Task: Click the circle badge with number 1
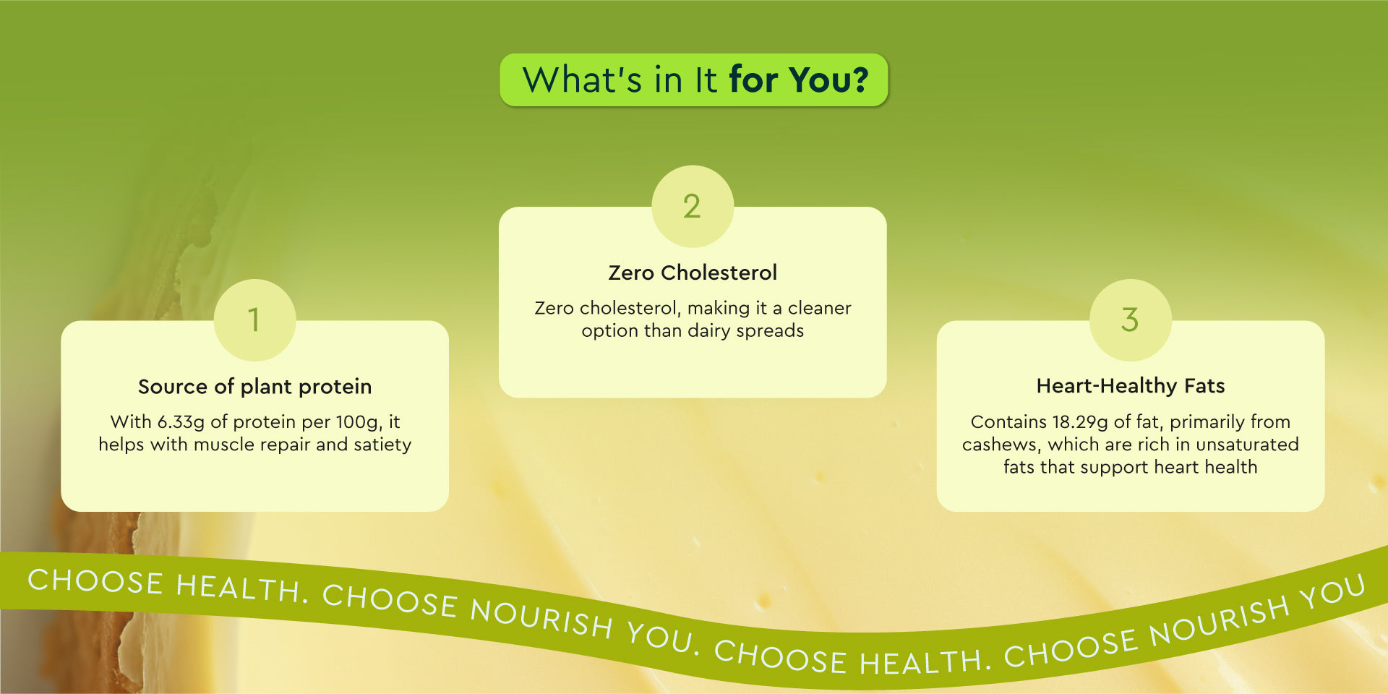254,320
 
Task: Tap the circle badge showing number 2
693,206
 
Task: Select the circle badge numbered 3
1130,320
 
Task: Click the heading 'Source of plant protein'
254,387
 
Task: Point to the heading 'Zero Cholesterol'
693,273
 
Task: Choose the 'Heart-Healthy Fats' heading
1131,386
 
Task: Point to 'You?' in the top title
828,80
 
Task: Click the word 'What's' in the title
582,80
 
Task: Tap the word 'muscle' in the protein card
225,445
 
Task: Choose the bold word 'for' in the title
754,80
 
